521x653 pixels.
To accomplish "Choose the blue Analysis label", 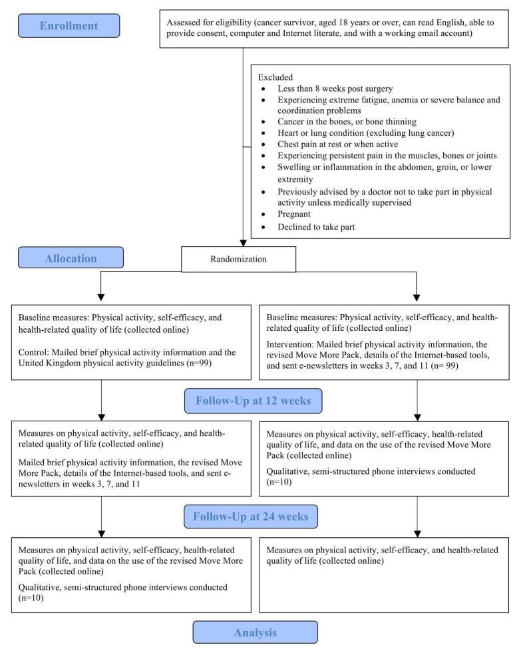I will pos(255,632).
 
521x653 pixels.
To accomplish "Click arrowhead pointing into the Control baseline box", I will pos(101,298).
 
